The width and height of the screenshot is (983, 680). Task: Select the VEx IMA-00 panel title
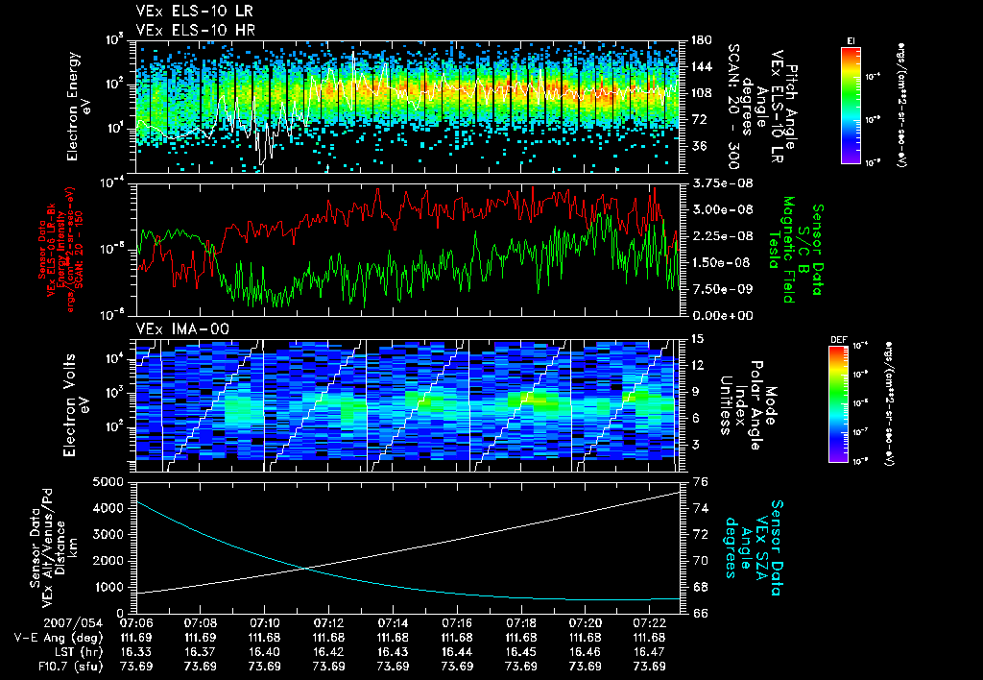pyautogui.click(x=173, y=328)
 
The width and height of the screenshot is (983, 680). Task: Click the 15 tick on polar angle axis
pyautogui.click(x=689, y=339)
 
